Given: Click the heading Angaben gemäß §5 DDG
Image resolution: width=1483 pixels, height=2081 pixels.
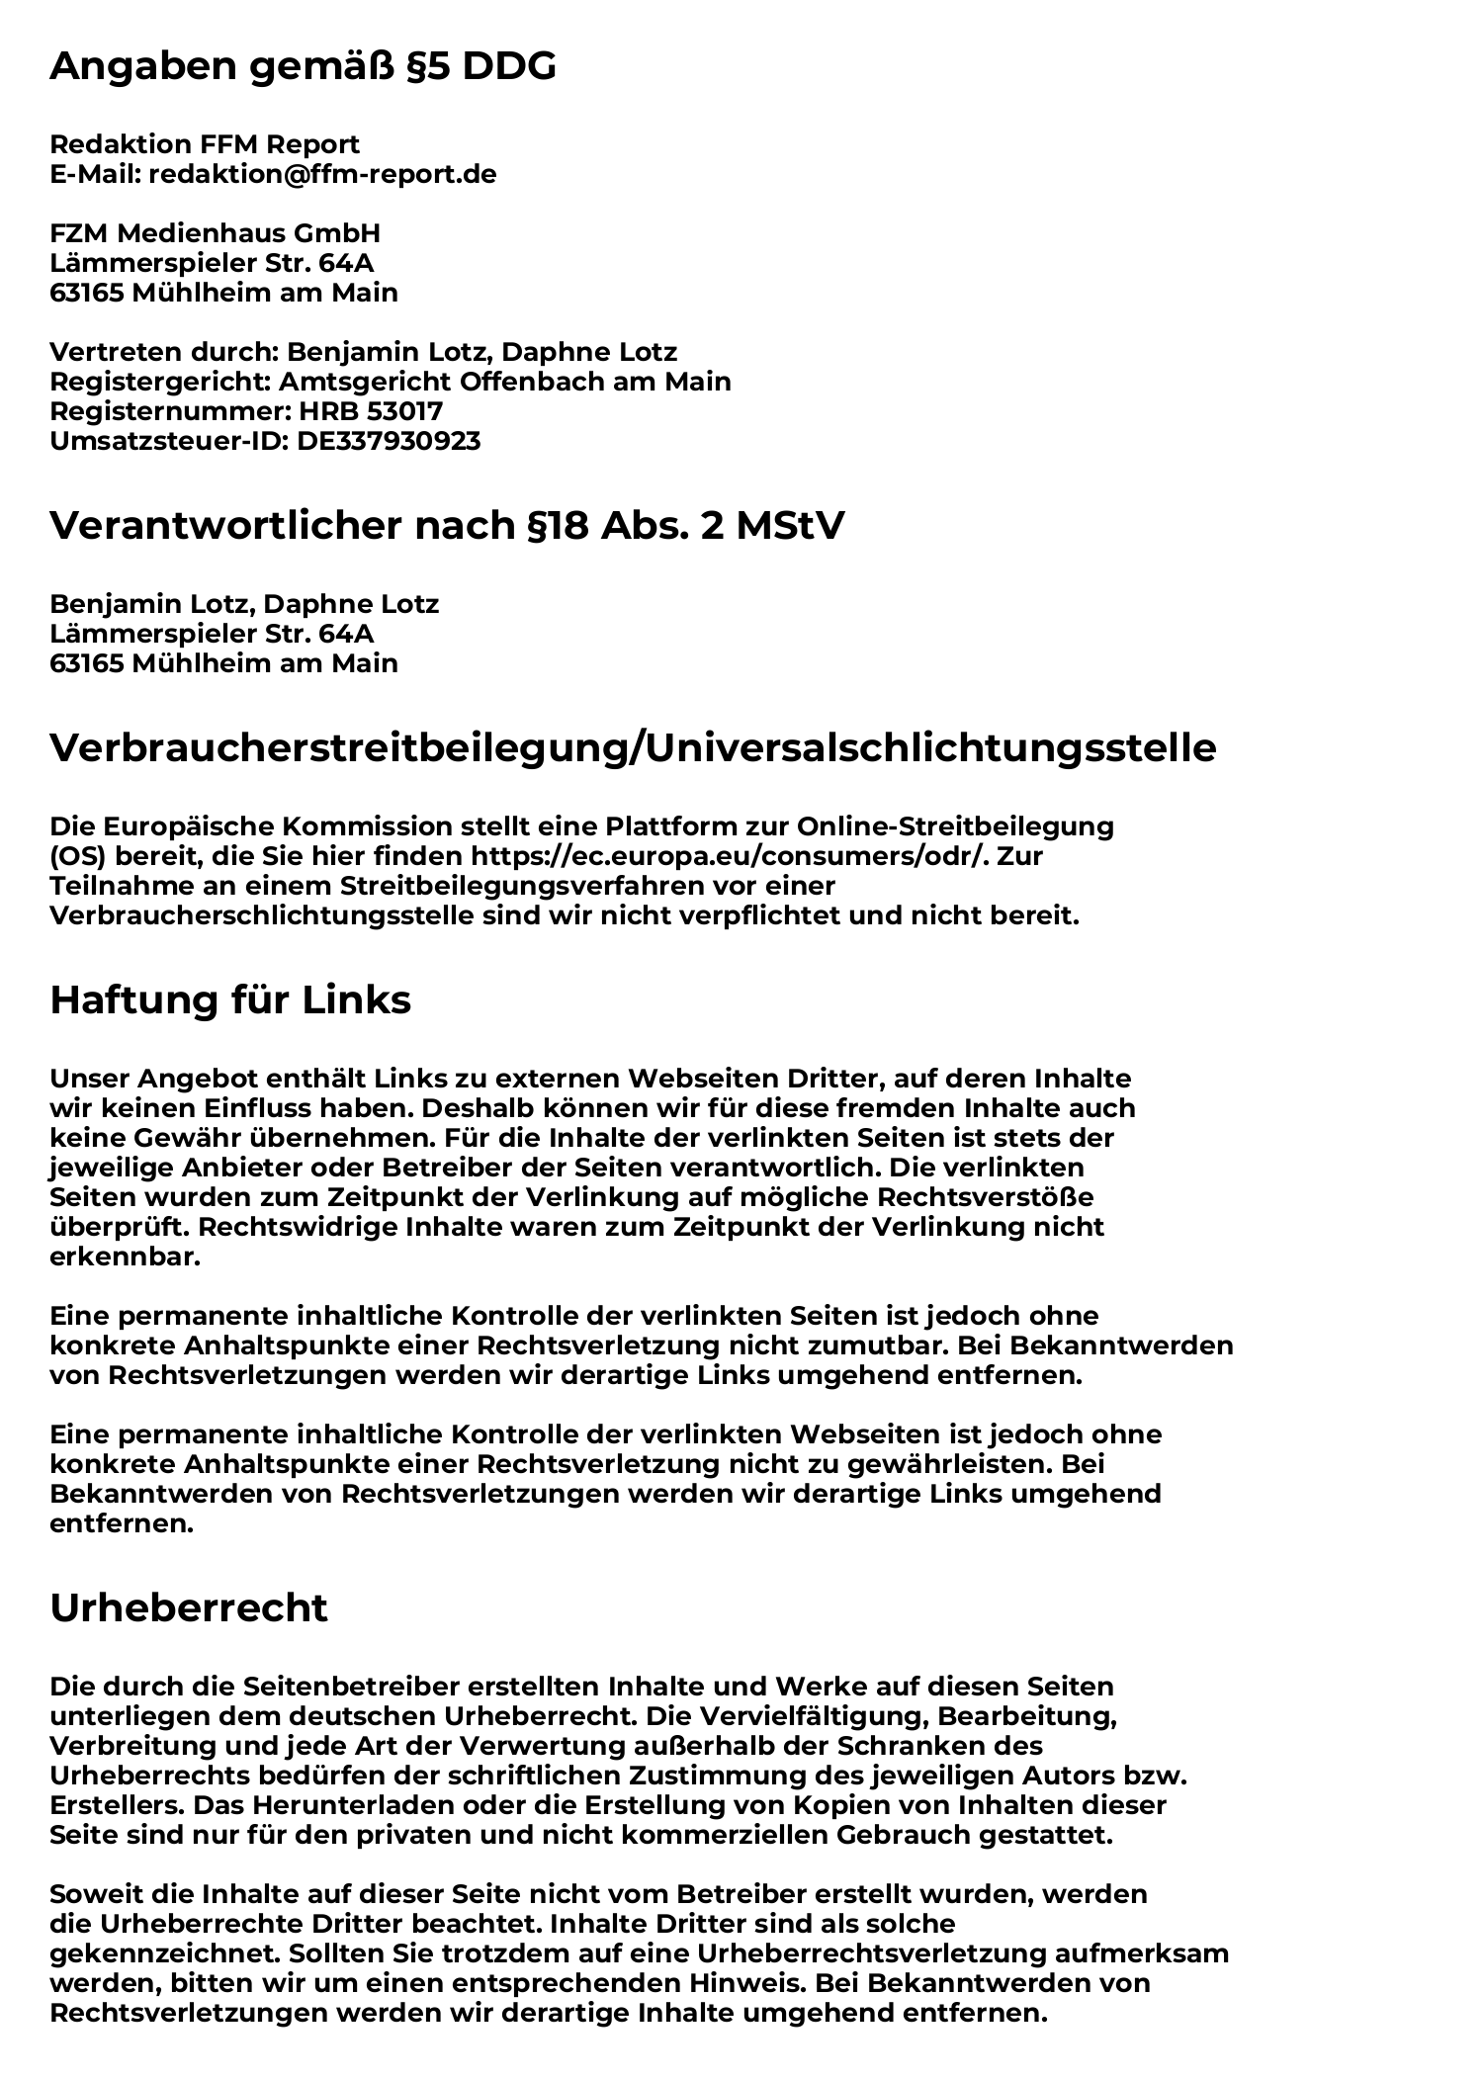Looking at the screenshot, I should (x=303, y=67).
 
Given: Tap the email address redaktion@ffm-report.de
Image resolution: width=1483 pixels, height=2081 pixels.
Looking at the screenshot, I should (x=322, y=175).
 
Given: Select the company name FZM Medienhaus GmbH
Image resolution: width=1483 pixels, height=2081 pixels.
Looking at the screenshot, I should (x=215, y=234).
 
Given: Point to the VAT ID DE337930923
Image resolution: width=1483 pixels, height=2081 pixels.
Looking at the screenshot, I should (x=389, y=441).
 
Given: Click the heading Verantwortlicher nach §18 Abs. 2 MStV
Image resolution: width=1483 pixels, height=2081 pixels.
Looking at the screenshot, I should (x=447, y=527).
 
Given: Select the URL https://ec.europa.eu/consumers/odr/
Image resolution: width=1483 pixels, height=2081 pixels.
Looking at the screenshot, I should (x=730, y=856).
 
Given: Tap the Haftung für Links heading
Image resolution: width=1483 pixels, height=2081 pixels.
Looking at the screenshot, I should (x=230, y=1000).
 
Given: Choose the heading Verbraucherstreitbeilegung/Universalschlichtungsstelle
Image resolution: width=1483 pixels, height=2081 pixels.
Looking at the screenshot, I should (x=633, y=748).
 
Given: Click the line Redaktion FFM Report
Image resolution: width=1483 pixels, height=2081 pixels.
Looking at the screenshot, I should (x=205, y=145).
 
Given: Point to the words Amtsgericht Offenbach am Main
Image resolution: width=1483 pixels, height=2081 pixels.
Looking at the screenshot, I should (x=504, y=382).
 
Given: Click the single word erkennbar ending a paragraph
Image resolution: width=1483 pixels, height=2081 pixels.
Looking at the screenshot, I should (x=125, y=1257).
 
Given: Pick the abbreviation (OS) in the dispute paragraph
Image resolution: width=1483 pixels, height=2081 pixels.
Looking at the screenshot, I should (x=78, y=856).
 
